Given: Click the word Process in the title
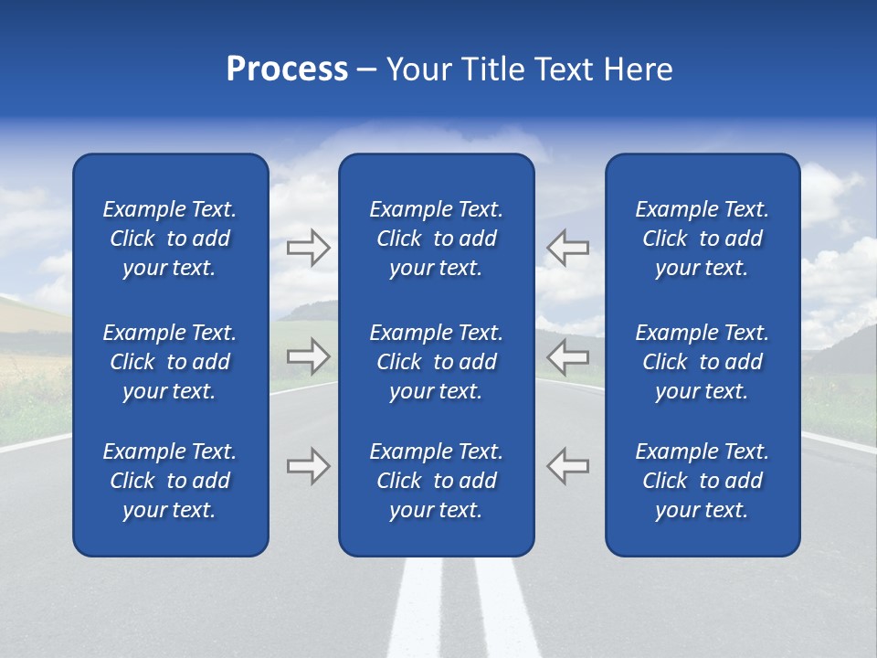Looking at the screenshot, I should (x=287, y=69).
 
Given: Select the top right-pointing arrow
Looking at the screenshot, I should (x=309, y=248).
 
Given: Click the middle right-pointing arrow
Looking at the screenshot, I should (x=309, y=356).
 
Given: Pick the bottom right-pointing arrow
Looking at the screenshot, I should (x=309, y=465).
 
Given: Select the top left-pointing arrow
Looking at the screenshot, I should (x=567, y=248).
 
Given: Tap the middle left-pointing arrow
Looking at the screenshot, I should (x=567, y=356).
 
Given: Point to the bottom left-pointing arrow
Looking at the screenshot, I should (x=567, y=465).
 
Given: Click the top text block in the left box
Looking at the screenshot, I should (x=170, y=239).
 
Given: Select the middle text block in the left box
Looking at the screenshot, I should (x=170, y=362).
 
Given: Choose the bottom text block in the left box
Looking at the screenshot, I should (x=170, y=481).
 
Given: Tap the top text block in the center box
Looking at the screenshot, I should (x=436, y=239).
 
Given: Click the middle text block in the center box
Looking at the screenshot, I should (x=436, y=362).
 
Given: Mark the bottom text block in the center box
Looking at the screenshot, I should (x=436, y=481).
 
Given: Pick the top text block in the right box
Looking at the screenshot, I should (x=703, y=239).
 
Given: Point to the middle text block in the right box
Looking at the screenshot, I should (x=703, y=362).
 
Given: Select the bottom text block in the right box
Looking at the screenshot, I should (x=703, y=481).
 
